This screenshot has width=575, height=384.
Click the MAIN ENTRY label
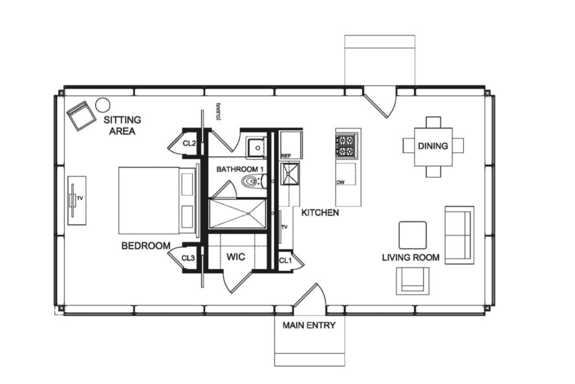click(x=309, y=325)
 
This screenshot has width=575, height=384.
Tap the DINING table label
click(x=433, y=146)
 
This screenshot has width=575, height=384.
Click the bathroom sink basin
click(x=257, y=148)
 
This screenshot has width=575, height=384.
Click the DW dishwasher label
click(x=340, y=183)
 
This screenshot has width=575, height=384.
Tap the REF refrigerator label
click(x=285, y=156)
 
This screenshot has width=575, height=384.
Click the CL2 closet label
click(x=189, y=143)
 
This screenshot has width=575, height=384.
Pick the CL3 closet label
click(x=188, y=258)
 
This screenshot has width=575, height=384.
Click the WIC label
click(x=235, y=257)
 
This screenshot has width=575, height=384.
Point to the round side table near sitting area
click(x=102, y=104)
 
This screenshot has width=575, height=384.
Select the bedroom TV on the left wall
click(x=76, y=200)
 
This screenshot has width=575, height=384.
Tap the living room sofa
click(x=459, y=234)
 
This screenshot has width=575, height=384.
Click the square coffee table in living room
click(x=412, y=235)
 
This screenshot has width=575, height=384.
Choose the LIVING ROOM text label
click(x=410, y=257)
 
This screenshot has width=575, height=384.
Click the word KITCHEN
click(x=320, y=212)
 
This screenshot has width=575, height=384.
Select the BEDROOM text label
click(x=146, y=246)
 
